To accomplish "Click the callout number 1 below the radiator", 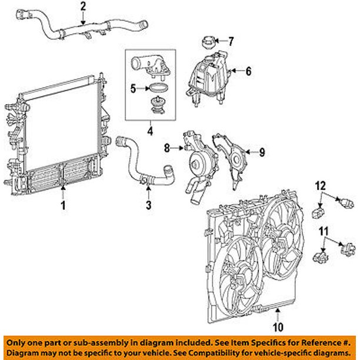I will (x=63, y=206).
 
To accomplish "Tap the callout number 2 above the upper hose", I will (x=83, y=6).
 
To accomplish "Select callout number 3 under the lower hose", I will (x=148, y=205).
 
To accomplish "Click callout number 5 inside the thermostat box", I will (x=133, y=89).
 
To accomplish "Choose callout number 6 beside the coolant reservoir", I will (x=248, y=72).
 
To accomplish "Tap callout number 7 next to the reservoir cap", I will (x=231, y=41).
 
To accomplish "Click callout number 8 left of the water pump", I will (x=167, y=148).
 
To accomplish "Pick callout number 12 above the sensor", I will (x=321, y=186).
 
